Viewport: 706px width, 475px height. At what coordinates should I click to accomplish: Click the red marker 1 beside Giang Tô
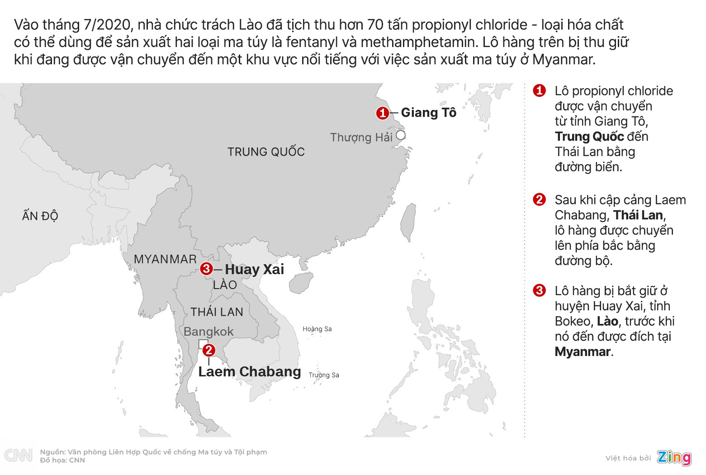pyautogui.click(x=383, y=113)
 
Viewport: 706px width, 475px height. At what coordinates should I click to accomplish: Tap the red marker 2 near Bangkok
pyautogui.click(x=208, y=350)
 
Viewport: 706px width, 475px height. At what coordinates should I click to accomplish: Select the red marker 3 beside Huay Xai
pyautogui.click(x=206, y=269)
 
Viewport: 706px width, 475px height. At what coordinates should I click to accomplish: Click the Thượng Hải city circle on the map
pyautogui.click(x=401, y=135)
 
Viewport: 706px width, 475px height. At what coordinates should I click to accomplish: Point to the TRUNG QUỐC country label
pyautogui.click(x=266, y=152)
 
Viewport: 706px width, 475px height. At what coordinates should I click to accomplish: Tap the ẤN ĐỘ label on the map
pyautogui.click(x=40, y=216)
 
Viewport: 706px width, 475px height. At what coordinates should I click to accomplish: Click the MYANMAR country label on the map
pyautogui.click(x=165, y=259)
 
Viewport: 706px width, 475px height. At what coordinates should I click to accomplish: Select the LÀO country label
pyautogui.click(x=225, y=285)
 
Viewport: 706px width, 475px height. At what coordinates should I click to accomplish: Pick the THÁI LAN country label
pyautogui.click(x=217, y=312)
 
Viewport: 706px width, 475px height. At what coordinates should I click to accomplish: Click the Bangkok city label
pyautogui.click(x=208, y=332)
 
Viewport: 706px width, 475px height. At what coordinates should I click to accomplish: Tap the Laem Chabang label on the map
pyautogui.click(x=250, y=371)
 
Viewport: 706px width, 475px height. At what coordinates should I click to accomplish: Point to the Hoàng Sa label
pyautogui.click(x=317, y=329)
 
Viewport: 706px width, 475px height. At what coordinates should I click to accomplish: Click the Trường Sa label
pyautogui.click(x=324, y=375)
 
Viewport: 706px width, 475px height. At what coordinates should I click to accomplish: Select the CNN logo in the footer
pyautogui.click(x=18, y=455)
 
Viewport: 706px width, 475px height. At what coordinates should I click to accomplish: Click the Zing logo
pyautogui.click(x=674, y=457)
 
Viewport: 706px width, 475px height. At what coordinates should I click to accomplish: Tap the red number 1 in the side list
pyautogui.click(x=539, y=90)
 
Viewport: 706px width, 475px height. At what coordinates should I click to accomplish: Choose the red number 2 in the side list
pyautogui.click(x=539, y=199)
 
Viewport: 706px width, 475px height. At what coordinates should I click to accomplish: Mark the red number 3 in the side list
pyautogui.click(x=539, y=290)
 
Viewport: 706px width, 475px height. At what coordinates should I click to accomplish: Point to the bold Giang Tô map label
pyautogui.click(x=429, y=113)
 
